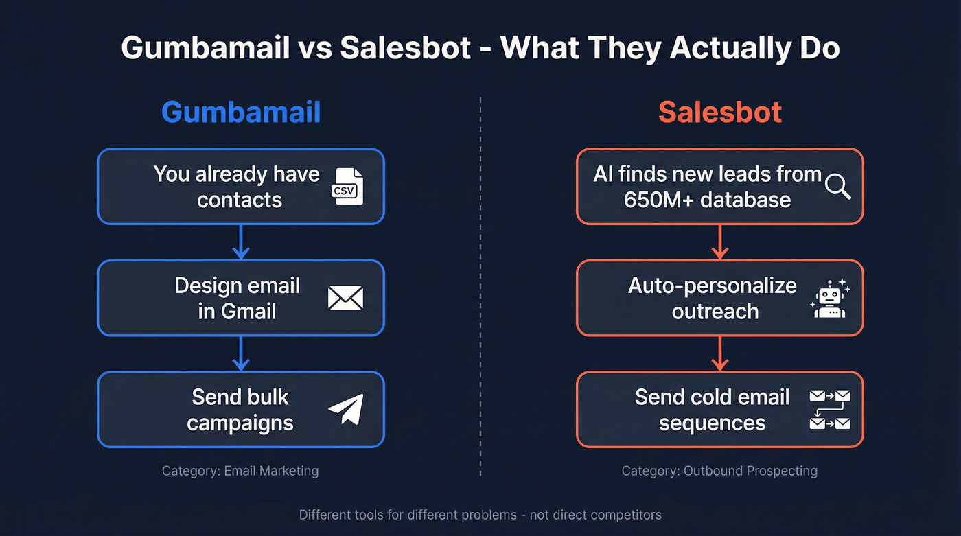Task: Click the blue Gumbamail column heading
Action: [241, 113]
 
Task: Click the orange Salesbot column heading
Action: [720, 113]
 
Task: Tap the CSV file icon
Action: [347, 186]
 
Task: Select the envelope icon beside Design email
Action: [345, 299]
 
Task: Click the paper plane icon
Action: [346, 409]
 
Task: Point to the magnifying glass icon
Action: [837, 186]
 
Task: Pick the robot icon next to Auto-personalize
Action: [829, 299]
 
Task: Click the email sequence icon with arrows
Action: [830, 409]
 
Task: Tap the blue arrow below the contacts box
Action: [240, 242]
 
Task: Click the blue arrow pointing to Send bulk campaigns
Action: [240, 354]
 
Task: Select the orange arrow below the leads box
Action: [719, 242]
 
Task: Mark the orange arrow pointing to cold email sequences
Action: [719, 354]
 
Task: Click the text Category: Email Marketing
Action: [240, 471]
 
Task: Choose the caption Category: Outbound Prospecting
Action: [719, 471]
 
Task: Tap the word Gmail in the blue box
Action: [249, 312]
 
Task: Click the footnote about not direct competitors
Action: [480, 514]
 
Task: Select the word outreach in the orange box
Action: [715, 312]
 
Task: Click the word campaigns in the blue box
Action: [240, 423]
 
